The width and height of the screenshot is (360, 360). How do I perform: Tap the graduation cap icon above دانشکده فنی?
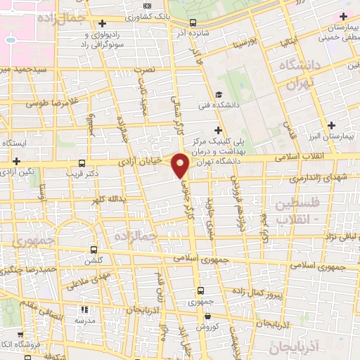pyautogui.click(x=219, y=95)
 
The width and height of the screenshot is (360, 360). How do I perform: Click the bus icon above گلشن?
pyautogui.click(x=94, y=250)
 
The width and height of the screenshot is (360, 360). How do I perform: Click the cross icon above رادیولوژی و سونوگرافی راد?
pyautogui.click(x=103, y=23)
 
